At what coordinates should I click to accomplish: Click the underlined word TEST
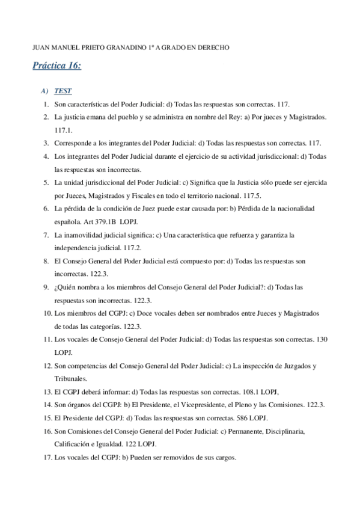(63, 91)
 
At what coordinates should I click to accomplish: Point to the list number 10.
(45, 313)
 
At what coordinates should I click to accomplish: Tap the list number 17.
(45, 457)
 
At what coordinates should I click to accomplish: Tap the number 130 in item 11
(322, 339)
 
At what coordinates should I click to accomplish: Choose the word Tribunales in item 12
(70, 378)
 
